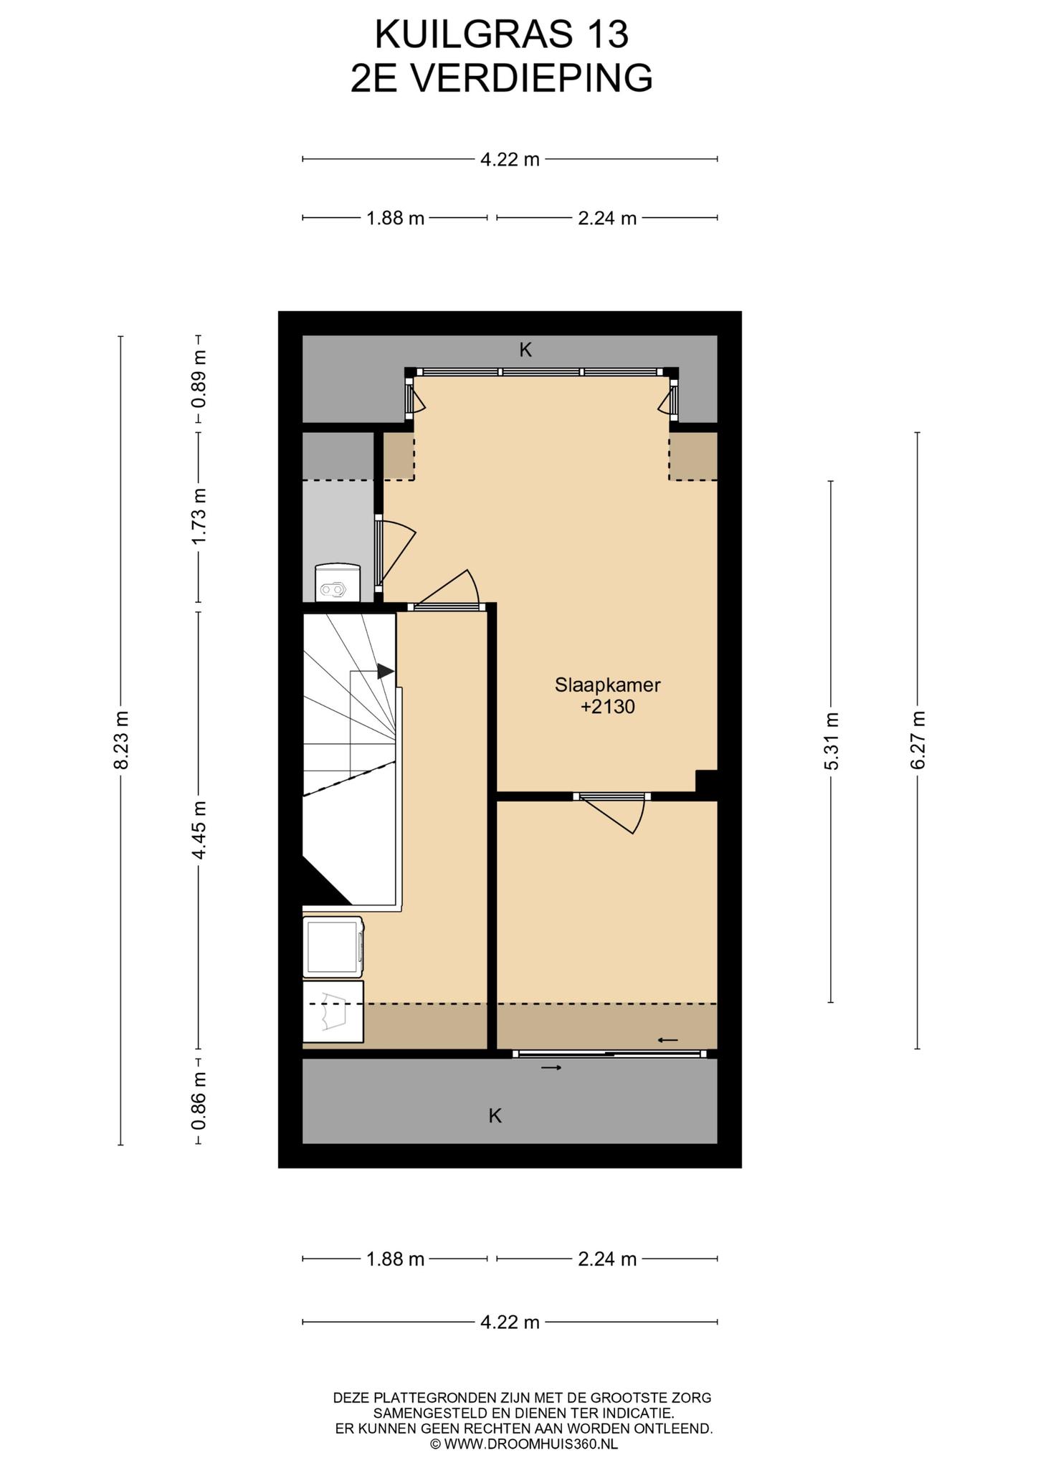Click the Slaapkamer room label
[607, 685]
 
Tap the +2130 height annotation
[608, 707]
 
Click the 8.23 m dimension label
[120, 740]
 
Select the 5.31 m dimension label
[831, 741]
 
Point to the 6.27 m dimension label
[918, 740]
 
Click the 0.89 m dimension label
[199, 379]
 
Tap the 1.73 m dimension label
[199, 516]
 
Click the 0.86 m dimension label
[199, 1100]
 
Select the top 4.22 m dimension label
[510, 159]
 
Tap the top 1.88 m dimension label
[396, 218]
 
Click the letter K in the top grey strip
[525, 350]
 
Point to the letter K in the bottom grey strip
[495, 1116]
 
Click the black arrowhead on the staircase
[386, 672]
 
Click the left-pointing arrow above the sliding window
[668, 1039]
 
